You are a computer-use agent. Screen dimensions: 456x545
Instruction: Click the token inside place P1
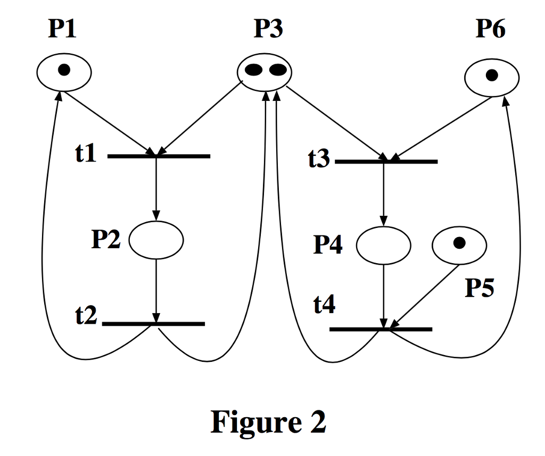tap(64, 70)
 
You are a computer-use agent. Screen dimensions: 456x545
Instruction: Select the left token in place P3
tap(254, 70)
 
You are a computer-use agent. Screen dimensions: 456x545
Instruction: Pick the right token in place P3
tap(277, 70)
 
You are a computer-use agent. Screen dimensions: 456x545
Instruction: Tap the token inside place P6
tap(492, 75)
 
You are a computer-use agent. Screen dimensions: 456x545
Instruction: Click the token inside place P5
tap(459, 243)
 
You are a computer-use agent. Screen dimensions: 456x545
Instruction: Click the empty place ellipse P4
tap(383, 245)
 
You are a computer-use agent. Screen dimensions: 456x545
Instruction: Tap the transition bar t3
tap(386, 161)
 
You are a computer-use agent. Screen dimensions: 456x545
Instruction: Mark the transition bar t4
tap(381, 330)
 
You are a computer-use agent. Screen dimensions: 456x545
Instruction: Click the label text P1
tap(62, 29)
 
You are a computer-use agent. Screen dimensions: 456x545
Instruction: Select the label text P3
tap(268, 29)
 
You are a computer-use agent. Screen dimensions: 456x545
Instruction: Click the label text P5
tap(480, 288)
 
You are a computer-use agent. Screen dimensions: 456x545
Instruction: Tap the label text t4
tap(324, 306)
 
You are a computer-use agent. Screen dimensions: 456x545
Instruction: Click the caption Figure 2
tap(268, 423)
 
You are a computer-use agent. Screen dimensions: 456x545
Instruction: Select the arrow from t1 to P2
tap(156, 189)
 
